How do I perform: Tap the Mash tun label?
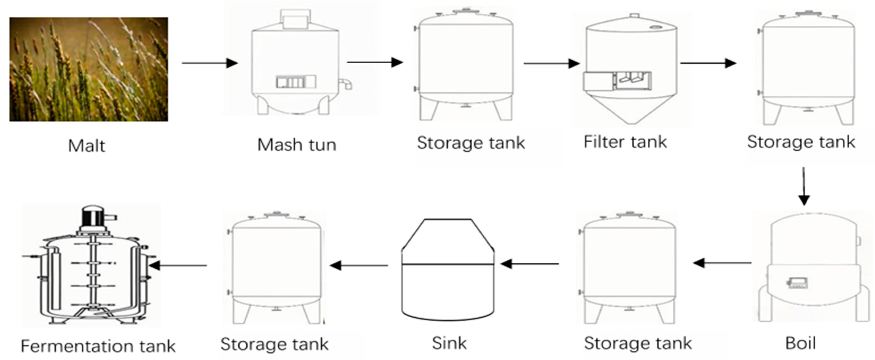(x=297, y=145)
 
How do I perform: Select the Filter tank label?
(x=625, y=142)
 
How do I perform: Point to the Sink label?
(x=449, y=343)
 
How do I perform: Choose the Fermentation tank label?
(x=98, y=346)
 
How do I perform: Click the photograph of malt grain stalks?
(x=89, y=69)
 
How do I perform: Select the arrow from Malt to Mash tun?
(x=210, y=63)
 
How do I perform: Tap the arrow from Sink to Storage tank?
(x=359, y=265)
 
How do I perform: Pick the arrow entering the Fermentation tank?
(x=178, y=265)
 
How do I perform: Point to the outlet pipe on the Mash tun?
(x=346, y=83)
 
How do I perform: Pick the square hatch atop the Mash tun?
(x=295, y=19)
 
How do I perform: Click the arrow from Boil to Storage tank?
(x=722, y=263)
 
